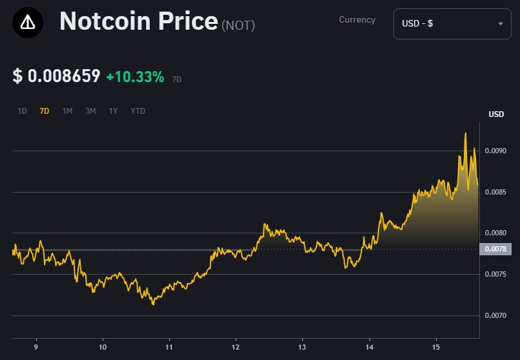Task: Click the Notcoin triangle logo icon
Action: [28, 23]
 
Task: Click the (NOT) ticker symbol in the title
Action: [238, 25]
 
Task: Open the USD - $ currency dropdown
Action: [452, 24]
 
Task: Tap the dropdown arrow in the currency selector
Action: [500, 24]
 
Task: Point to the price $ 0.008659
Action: [57, 76]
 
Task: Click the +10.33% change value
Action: [135, 77]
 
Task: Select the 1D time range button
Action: [22, 111]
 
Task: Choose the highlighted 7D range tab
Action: [45, 111]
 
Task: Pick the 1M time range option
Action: [67, 111]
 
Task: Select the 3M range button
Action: [90, 111]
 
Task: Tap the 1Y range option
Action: [113, 111]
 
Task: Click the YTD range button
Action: [138, 111]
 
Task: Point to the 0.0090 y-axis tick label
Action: [496, 151]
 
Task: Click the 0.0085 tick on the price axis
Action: [496, 192]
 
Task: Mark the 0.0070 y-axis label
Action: [496, 315]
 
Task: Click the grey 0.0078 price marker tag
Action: [495, 249]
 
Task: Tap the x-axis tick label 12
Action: [236, 346]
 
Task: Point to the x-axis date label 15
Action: [436, 346]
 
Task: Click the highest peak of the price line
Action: [466, 133]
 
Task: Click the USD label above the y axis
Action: [496, 114]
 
